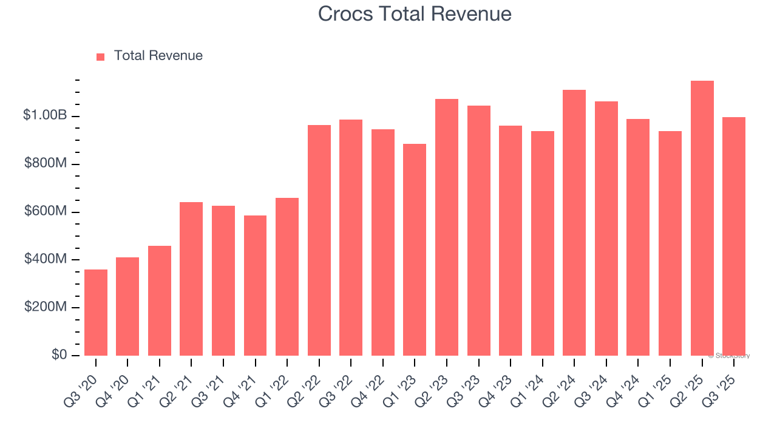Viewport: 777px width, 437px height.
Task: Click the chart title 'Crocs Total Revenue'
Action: click(x=415, y=14)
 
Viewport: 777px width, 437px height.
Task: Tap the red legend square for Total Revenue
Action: click(x=101, y=56)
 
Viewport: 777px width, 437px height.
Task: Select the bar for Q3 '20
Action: click(x=96, y=313)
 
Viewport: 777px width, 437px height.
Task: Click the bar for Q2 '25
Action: click(x=702, y=218)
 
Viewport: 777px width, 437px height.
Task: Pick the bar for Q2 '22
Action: click(x=319, y=240)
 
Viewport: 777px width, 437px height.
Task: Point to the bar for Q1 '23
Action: click(x=415, y=249)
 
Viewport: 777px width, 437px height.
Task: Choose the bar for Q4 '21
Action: click(x=255, y=285)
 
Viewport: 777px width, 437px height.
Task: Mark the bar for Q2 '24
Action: click(x=574, y=223)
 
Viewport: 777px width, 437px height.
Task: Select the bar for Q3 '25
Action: click(x=734, y=236)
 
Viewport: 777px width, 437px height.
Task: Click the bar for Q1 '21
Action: click(x=160, y=300)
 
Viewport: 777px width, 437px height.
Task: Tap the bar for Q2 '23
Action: click(x=447, y=227)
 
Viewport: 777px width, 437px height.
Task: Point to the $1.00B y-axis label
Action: click(x=45, y=115)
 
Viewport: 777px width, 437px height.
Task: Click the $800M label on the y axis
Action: click(x=45, y=164)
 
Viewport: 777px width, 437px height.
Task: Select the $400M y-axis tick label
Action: click(x=45, y=259)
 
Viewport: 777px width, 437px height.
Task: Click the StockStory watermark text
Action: click(x=729, y=356)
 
